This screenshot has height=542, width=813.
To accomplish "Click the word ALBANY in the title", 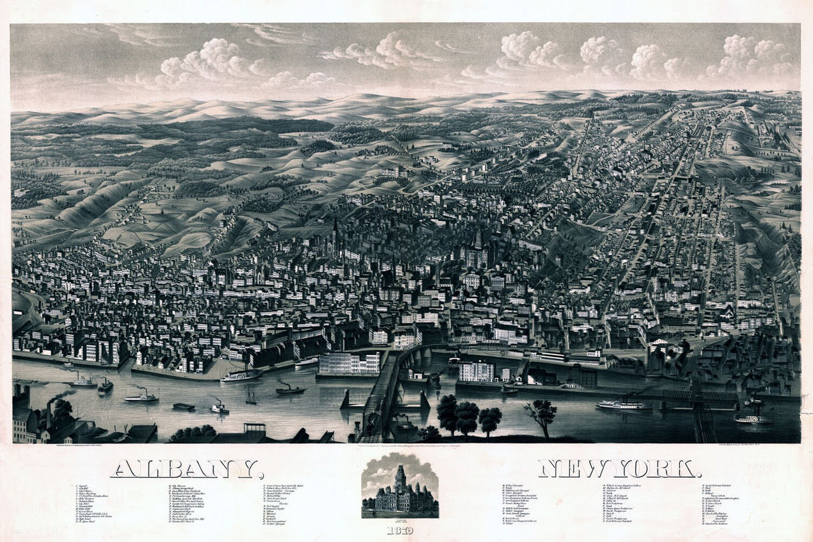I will click(x=186, y=468).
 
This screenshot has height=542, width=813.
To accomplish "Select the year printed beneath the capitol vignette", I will click(x=399, y=530).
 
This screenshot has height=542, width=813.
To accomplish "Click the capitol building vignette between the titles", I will click(x=400, y=487).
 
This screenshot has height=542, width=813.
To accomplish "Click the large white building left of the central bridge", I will click(x=349, y=363).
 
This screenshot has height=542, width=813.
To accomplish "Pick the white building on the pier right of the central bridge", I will click(x=477, y=371).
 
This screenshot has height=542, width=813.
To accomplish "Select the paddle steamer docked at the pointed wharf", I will click(x=241, y=376).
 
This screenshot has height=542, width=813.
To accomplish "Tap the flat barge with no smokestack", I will click(x=183, y=406).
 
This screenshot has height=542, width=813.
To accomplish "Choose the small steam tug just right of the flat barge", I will click(x=218, y=407).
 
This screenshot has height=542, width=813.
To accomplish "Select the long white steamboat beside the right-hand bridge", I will click(x=623, y=405).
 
